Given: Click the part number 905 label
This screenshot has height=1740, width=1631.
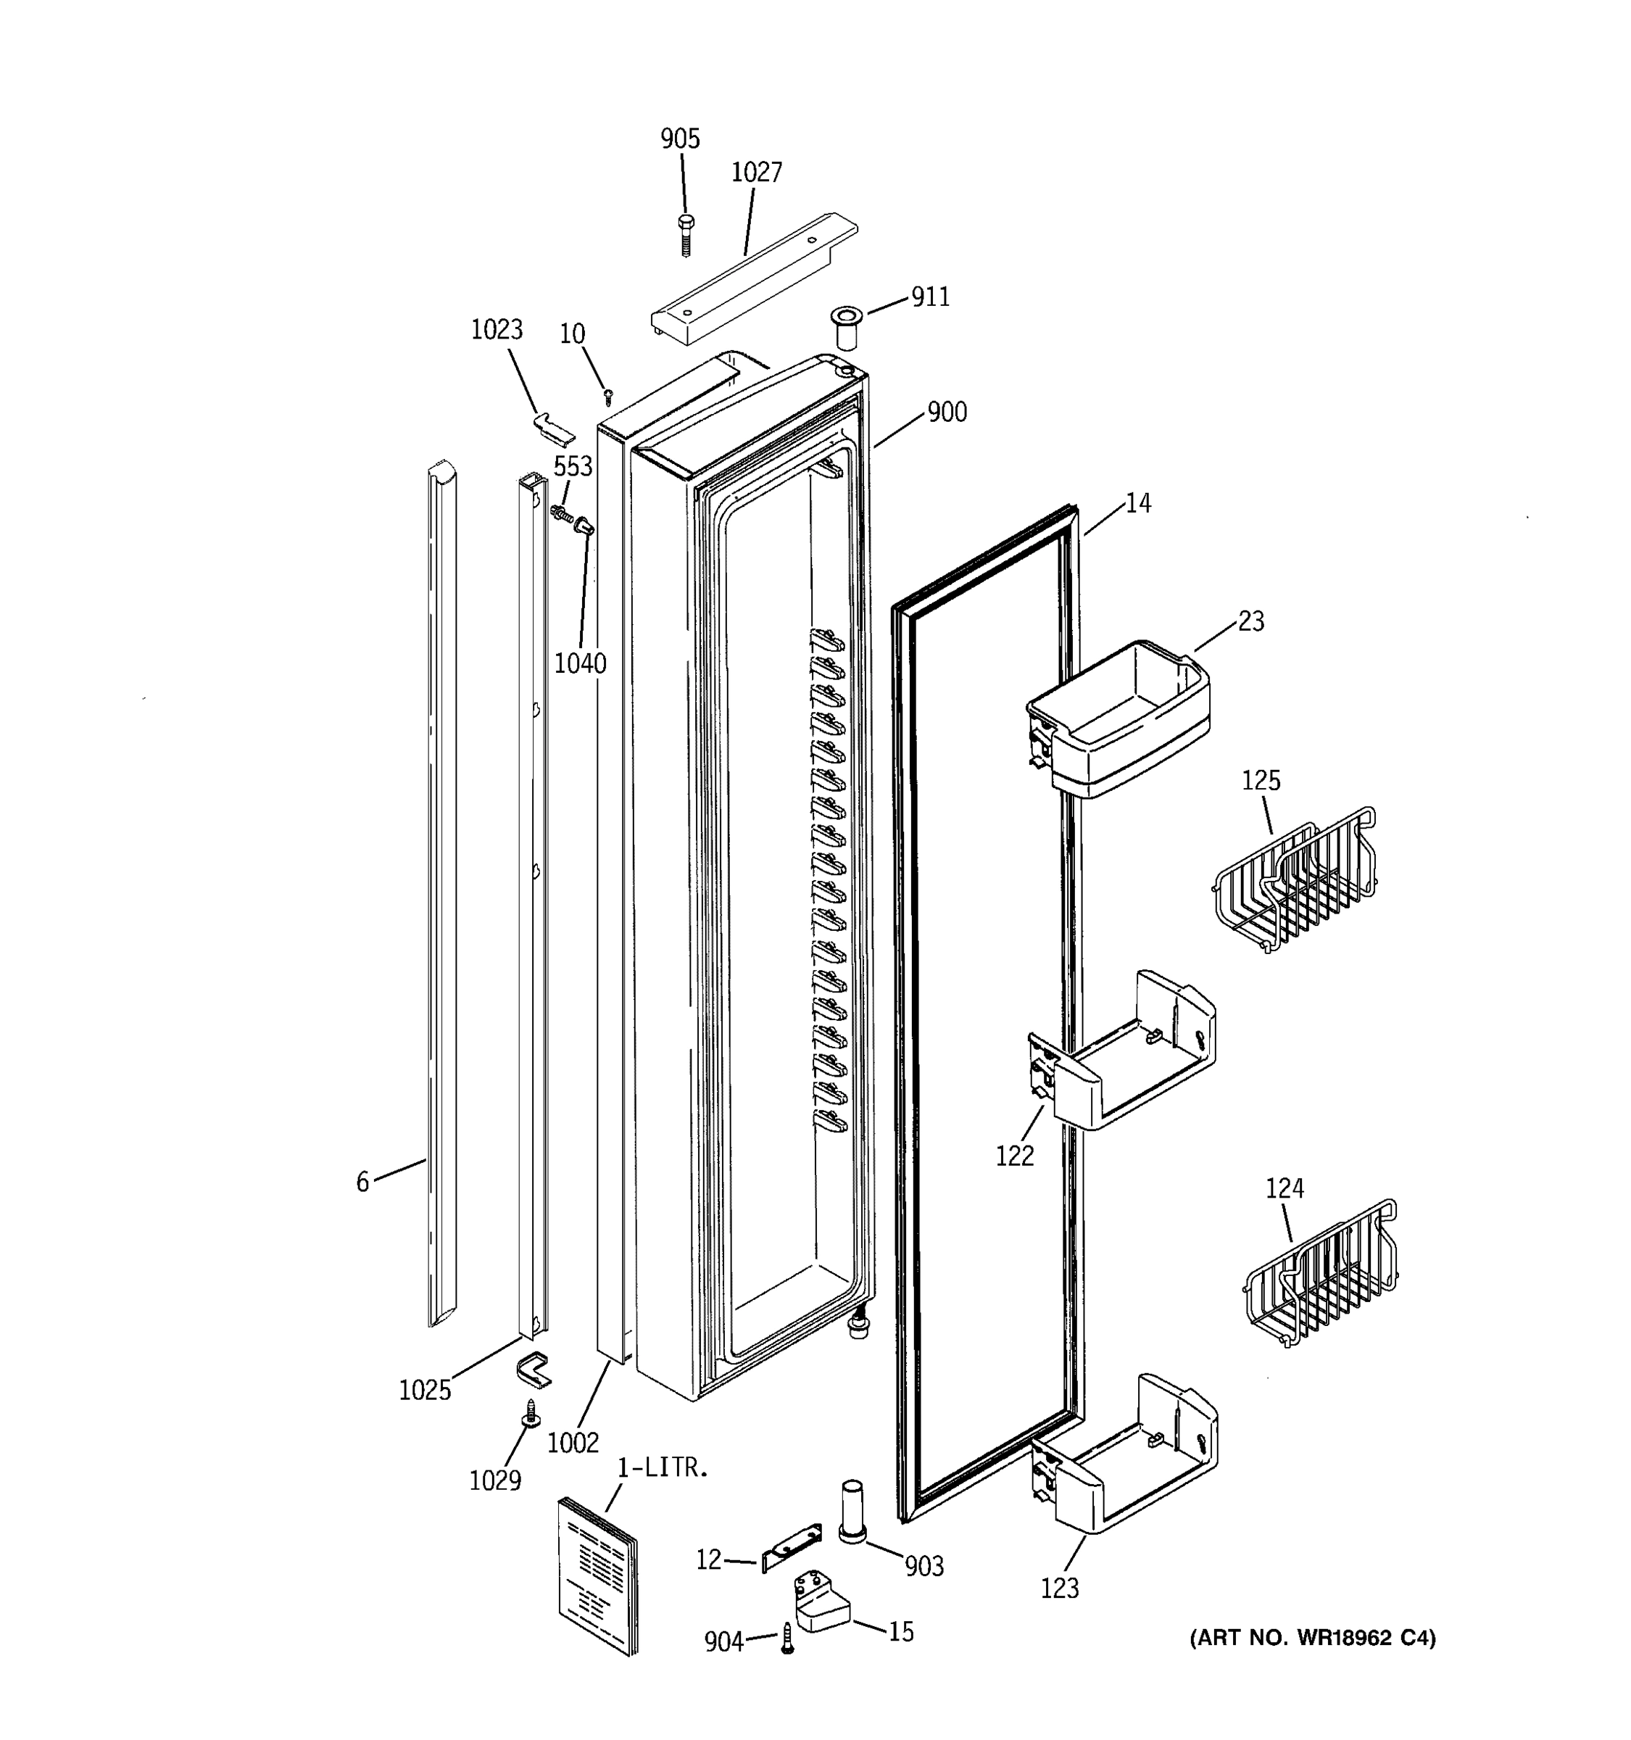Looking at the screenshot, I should click(x=680, y=139).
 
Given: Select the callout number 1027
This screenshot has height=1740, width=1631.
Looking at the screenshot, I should click(x=756, y=173).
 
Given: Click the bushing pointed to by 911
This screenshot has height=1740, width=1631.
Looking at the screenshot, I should click(x=845, y=326).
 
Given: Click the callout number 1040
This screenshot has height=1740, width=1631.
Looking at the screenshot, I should click(x=580, y=664).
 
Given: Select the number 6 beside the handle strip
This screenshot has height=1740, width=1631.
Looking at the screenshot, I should click(x=362, y=1182).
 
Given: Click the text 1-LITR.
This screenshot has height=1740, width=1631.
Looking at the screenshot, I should click(x=663, y=1468).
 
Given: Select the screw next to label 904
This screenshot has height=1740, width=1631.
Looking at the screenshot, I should click(x=787, y=1638).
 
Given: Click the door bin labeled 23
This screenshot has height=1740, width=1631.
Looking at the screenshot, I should click(x=1119, y=718).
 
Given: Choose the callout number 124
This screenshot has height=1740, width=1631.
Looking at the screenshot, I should click(x=1285, y=1188).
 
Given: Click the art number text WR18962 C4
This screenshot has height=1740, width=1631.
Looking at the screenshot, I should click(x=1313, y=1638).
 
